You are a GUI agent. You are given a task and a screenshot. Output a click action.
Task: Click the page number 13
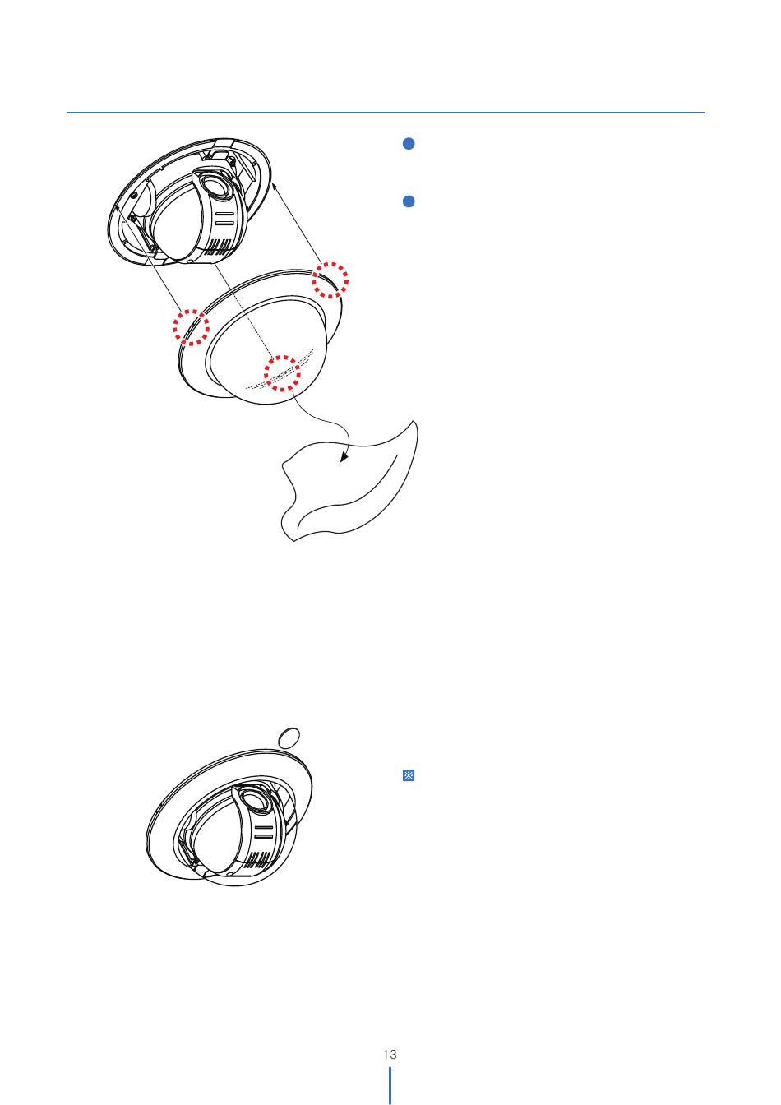tap(390, 1054)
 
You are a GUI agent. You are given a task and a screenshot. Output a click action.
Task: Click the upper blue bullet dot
tap(409, 144)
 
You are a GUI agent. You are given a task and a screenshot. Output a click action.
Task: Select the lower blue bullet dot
tap(409, 201)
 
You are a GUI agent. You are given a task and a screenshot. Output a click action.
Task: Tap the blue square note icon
tap(409, 775)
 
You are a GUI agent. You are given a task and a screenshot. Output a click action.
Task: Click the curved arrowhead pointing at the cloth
tap(344, 457)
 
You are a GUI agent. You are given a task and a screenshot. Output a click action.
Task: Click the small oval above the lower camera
tap(289, 737)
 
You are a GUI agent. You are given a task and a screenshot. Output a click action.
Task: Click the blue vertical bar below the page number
tap(390, 1085)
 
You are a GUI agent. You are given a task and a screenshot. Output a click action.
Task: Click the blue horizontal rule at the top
tap(386, 113)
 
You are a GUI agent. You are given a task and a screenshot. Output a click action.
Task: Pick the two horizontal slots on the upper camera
tap(224, 219)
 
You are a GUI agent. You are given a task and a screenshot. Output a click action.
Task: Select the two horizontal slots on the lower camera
tap(263, 833)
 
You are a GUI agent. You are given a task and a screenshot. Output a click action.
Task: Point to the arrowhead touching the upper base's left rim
tap(118, 210)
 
